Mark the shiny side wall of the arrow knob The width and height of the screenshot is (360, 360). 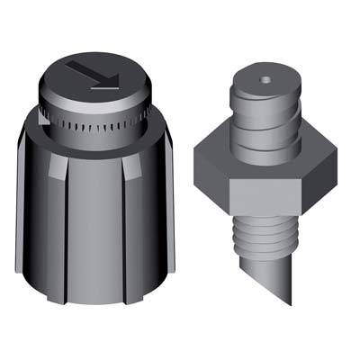90,103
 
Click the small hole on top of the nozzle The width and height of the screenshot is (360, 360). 264,81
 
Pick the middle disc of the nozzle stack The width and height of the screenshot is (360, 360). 264,121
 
